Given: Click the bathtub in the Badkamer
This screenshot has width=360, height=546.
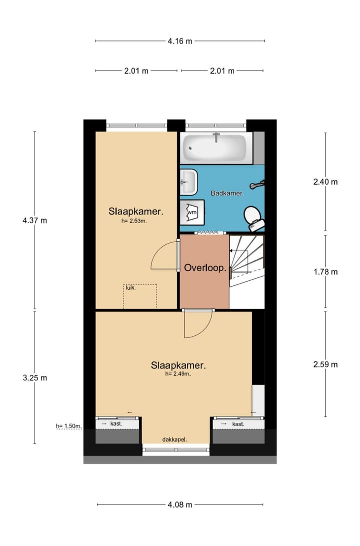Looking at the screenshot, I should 215,148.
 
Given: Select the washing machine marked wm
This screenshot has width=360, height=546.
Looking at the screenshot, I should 192,213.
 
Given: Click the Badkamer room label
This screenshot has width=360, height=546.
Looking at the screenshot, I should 227,193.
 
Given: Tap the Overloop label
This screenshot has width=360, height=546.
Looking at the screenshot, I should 205,268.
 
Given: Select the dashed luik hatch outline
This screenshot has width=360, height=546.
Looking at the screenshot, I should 140,296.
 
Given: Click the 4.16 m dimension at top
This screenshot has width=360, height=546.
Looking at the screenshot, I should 180,41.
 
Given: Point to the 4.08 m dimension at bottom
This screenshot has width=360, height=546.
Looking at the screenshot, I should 180,504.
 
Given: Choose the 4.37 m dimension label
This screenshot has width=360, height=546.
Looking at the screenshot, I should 34,220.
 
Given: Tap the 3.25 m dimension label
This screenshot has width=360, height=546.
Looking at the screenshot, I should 34,378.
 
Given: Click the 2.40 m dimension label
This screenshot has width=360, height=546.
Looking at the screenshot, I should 325,182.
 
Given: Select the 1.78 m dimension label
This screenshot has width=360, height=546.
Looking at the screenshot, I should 325,272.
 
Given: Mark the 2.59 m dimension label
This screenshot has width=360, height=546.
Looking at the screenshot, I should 325,364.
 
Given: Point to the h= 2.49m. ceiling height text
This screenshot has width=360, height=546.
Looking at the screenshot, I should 178,373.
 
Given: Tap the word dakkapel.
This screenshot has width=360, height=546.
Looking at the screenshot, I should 174,439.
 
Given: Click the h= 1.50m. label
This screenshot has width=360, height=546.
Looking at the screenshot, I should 68,426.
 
